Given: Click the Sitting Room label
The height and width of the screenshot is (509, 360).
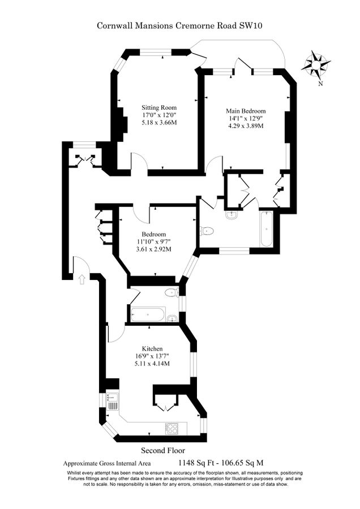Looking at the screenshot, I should (158, 107).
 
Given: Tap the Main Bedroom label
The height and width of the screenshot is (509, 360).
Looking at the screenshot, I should (245, 111).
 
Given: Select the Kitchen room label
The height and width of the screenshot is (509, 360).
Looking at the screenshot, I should (152, 348).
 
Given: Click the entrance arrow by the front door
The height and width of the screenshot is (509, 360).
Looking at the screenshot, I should (83, 279).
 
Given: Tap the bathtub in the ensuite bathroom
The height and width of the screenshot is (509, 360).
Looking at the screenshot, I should (265, 228).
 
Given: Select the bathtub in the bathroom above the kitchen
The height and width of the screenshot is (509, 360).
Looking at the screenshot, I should (147, 314).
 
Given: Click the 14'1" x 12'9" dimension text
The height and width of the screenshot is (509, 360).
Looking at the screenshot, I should (245, 119).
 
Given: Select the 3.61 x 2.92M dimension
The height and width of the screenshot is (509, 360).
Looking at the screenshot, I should (153, 249).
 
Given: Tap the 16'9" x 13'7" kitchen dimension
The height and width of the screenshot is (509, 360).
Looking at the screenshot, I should (152, 356).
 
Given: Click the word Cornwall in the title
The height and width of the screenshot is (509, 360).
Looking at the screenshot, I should (113, 25).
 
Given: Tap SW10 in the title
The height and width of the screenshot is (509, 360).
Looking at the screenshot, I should (251, 25).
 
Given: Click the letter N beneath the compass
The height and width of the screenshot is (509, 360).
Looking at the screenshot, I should (320, 84).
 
